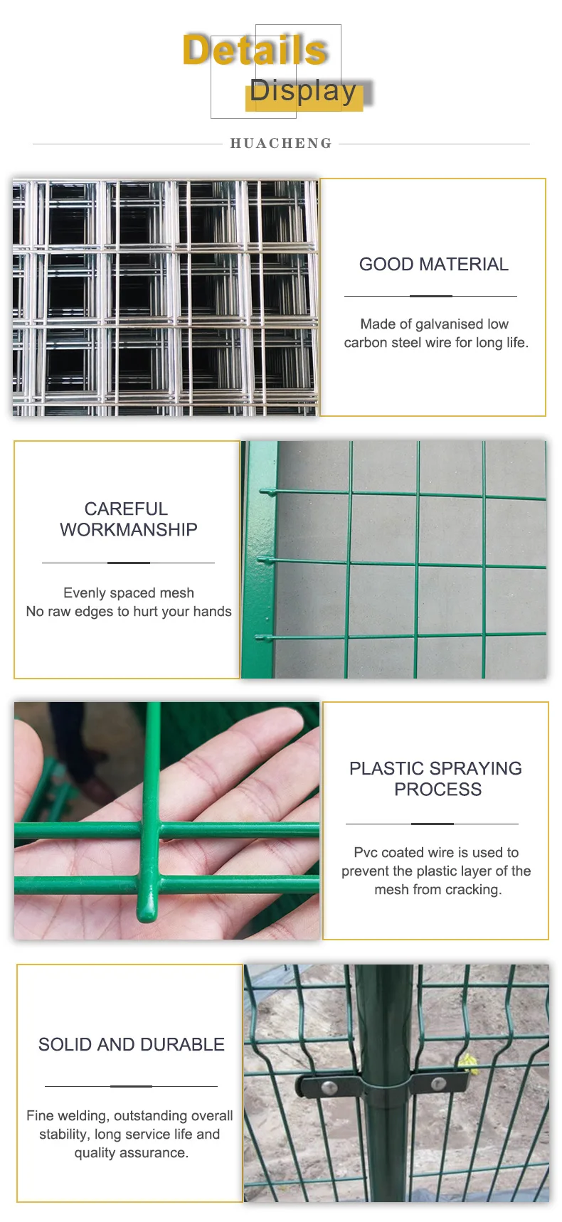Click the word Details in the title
[x=255, y=51]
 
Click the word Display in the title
[x=302, y=91]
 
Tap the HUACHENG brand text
[x=281, y=144]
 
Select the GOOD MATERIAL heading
[x=433, y=265]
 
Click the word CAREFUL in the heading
[x=126, y=509]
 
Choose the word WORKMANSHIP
[x=129, y=530]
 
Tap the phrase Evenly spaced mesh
[x=129, y=593]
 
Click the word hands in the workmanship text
[x=212, y=612]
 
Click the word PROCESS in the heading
[x=438, y=790]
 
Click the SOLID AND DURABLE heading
[x=132, y=1045]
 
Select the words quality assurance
[x=132, y=1153]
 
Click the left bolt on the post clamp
[x=329, y=1088]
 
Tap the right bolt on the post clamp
[x=438, y=1083]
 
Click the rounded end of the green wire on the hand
[x=147, y=915]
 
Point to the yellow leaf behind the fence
[x=468, y=1063]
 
